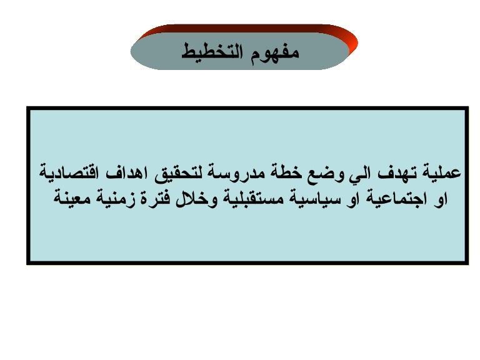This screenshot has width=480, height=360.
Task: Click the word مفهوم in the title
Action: click(274, 52)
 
